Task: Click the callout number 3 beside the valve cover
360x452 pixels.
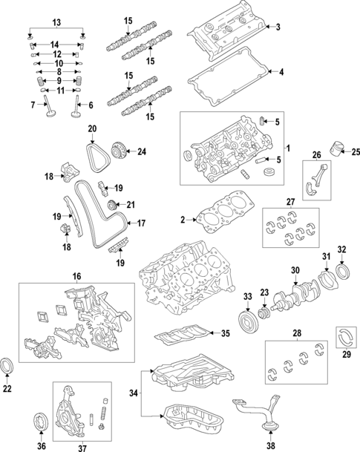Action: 278,27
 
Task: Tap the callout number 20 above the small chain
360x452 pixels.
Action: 93,128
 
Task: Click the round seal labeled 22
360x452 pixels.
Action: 8,367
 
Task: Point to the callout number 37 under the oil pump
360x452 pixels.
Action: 82,447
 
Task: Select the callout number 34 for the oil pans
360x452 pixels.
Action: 134,393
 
